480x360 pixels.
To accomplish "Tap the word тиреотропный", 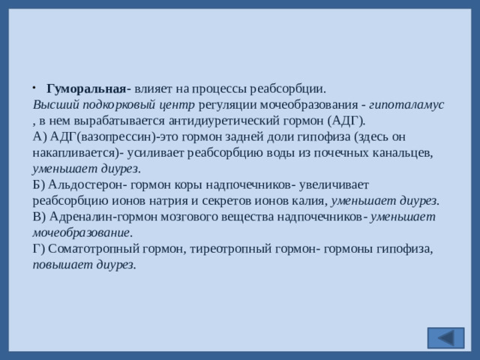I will [229, 247].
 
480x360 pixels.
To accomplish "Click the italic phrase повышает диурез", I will [84, 264].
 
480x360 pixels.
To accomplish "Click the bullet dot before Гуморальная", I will [35, 89].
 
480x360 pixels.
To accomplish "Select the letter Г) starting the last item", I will [39, 247].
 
